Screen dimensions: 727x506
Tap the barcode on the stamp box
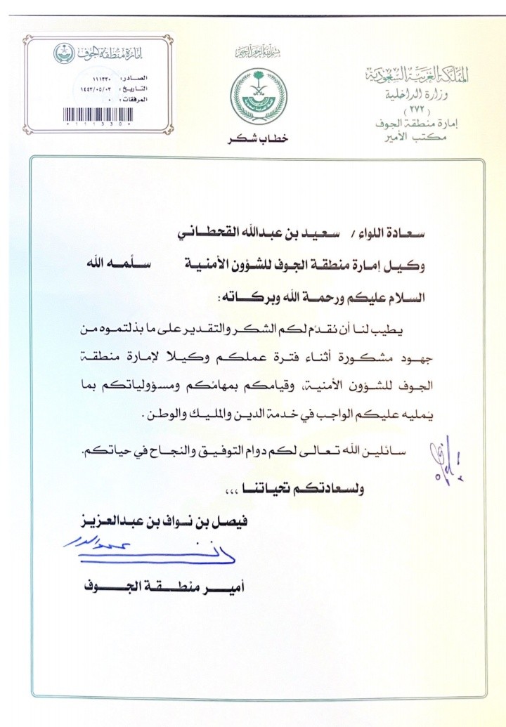[x=98, y=114]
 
